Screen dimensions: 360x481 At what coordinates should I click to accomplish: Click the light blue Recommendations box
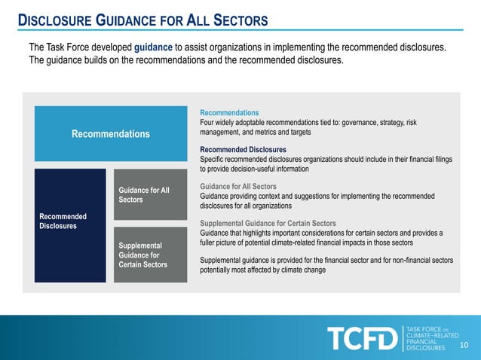(110, 134)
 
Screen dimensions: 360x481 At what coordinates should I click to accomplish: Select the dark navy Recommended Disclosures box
(70, 225)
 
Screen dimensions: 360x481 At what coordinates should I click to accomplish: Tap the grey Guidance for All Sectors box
(150, 195)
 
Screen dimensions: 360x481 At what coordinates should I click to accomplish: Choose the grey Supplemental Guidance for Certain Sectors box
(150, 255)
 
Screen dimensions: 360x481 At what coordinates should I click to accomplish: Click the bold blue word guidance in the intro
(153, 47)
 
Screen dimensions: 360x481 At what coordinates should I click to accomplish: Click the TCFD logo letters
(361, 339)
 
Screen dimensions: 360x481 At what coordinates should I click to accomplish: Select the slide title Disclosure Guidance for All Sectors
(143, 19)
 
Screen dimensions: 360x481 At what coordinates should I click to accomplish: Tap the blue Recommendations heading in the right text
(229, 112)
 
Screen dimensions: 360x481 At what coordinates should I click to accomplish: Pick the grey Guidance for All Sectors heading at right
(238, 186)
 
